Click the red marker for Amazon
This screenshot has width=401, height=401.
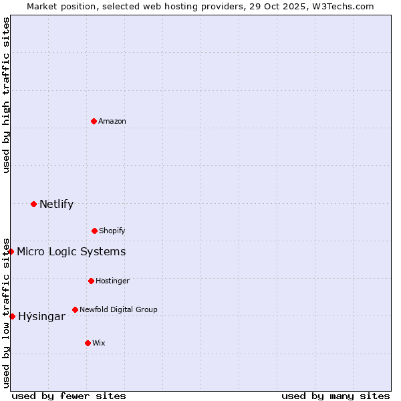coord(94,121)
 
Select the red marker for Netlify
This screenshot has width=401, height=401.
coord(33,204)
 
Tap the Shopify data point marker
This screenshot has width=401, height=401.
coord(94,231)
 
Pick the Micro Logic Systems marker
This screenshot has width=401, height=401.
coord(11,251)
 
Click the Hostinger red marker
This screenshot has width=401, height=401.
coord(91,281)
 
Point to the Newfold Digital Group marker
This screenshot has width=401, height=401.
coord(75,309)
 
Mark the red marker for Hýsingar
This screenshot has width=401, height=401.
coord(12,316)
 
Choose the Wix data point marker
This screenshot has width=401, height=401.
coord(88,343)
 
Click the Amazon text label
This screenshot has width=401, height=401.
coord(112,121)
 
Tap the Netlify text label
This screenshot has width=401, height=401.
coord(56,204)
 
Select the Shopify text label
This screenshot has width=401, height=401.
coord(112,231)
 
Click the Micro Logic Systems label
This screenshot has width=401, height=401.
coord(71,251)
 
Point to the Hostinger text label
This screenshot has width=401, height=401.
coord(112,281)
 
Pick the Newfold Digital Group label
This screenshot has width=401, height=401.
coord(118,309)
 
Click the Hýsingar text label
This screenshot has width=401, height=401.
coord(41,316)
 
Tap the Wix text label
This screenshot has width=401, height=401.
coord(99,343)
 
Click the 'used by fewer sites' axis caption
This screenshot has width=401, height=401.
coord(69,396)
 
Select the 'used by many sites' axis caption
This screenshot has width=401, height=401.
coord(336,396)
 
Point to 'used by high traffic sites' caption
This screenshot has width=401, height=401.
coord(6,95)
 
